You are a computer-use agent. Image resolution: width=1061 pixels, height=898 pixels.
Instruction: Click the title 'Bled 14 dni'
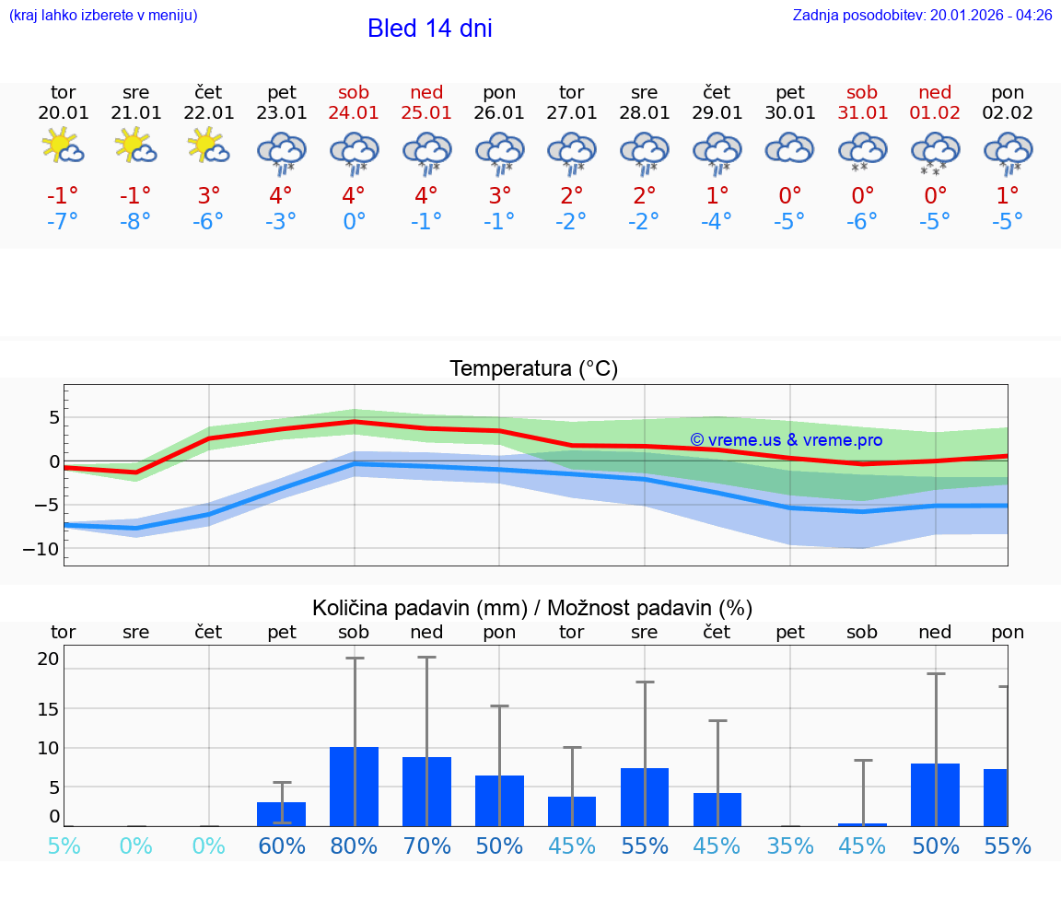[x=429, y=29]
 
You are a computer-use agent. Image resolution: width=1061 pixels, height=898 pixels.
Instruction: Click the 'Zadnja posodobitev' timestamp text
[x=922, y=16]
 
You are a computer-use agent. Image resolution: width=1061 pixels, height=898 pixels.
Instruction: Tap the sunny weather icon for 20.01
[x=63, y=146]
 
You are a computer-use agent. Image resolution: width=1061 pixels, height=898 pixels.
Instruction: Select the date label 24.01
[x=354, y=113]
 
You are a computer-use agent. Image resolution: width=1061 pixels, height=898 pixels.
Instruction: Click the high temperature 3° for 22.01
[x=209, y=196]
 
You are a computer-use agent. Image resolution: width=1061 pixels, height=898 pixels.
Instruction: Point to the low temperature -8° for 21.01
[x=135, y=222]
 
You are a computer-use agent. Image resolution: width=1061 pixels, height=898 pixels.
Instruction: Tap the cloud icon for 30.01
[x=789, y=147]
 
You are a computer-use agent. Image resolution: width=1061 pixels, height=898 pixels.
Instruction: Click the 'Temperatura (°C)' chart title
[x=533, y=369]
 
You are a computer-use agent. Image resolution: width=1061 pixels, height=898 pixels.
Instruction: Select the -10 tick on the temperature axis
[x=47, y=549]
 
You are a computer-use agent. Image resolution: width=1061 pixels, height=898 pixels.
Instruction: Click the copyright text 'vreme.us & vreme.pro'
[x=786, y=440]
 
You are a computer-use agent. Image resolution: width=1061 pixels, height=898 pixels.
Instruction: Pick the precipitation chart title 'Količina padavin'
[x=532, y=608]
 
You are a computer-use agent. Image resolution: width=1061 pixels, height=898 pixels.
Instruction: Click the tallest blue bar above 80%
[x=355, y=787]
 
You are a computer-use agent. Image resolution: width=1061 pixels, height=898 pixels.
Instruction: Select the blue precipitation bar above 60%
[x=282, y=814]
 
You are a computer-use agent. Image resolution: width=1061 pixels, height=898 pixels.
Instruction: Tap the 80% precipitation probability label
[x=354, y=846]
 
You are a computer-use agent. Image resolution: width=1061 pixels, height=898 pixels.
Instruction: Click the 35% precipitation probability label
[x=789, y=846]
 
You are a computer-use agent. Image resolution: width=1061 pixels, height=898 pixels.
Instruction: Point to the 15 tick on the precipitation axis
[x=48, y=709]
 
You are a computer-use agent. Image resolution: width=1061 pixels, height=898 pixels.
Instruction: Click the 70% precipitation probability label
[x=426, y=846]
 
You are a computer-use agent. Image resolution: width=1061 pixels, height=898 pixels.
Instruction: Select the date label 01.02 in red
[x=935, y=113]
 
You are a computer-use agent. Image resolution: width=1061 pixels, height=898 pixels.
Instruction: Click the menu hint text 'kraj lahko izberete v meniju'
[x=103, y=16]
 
